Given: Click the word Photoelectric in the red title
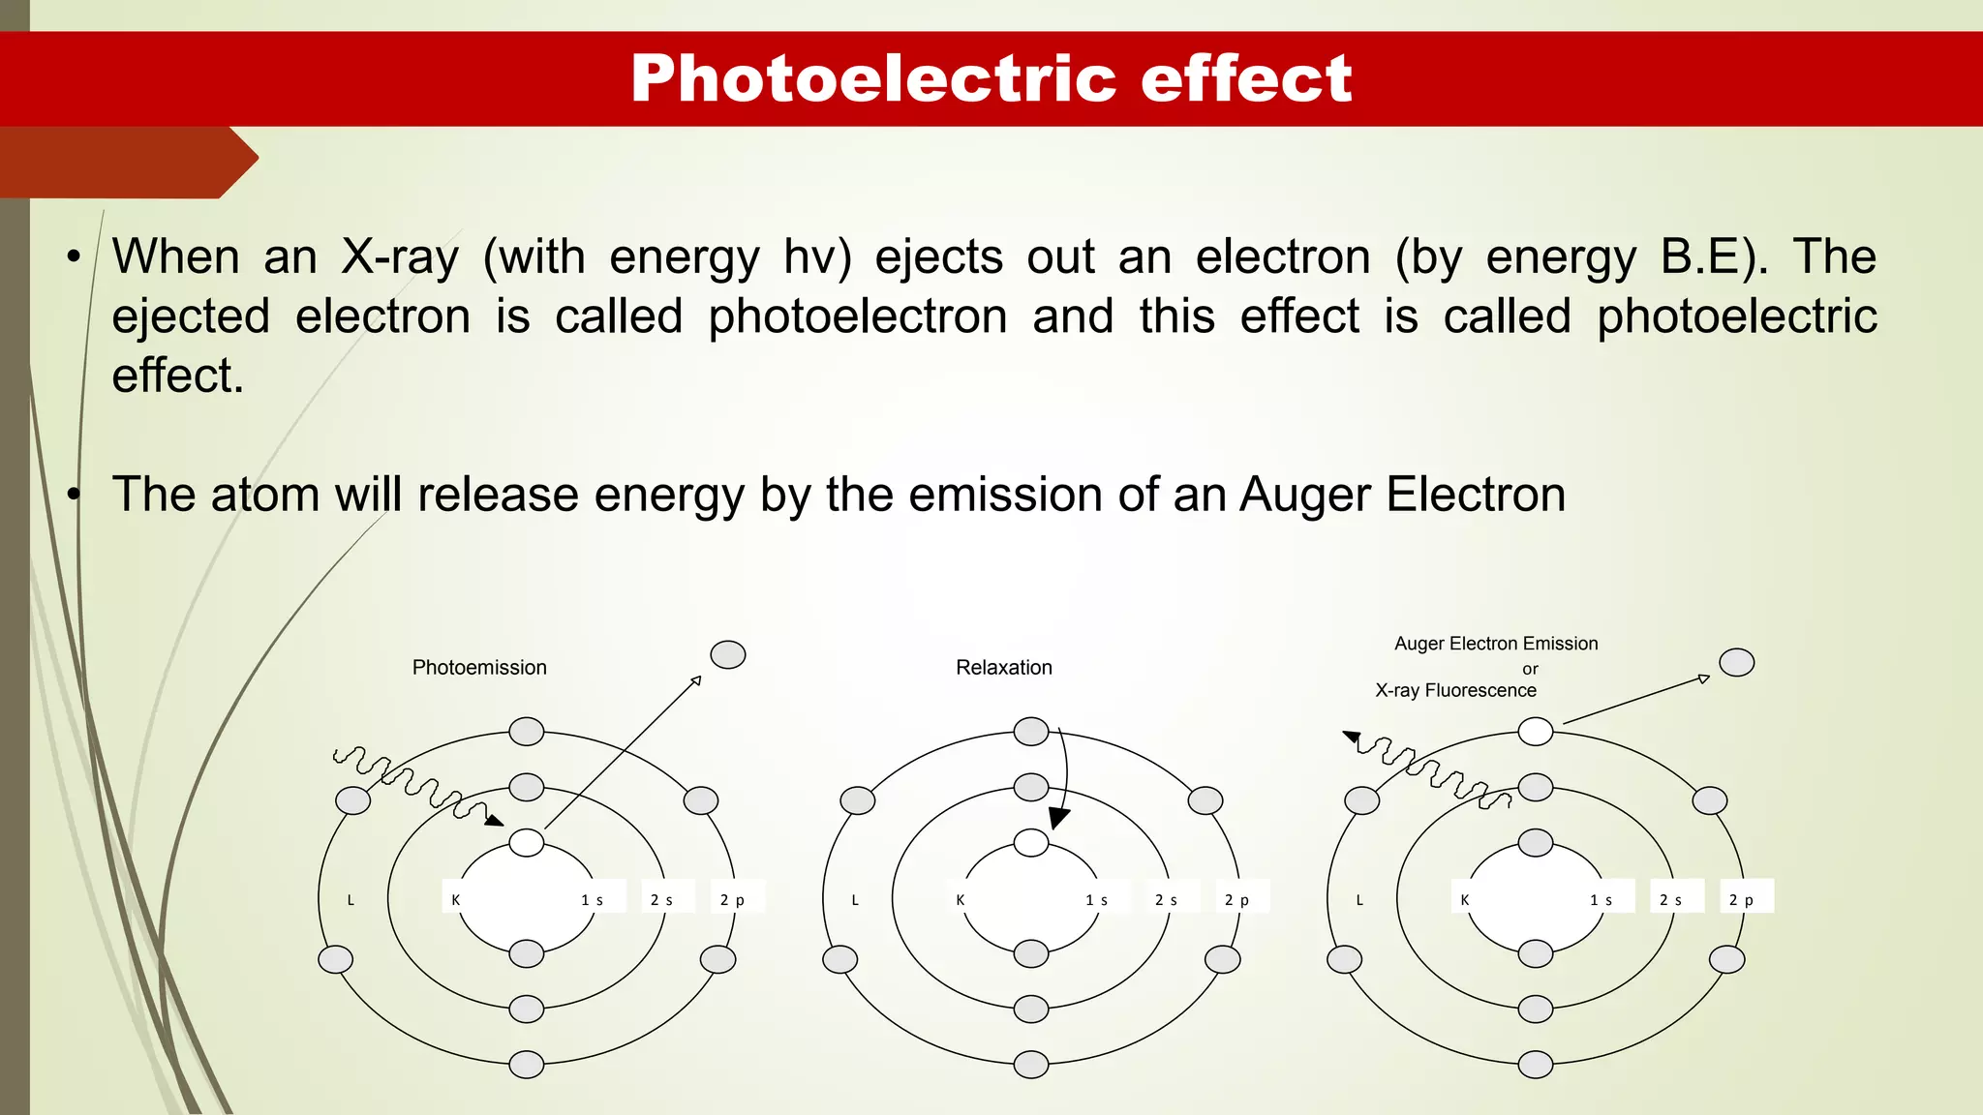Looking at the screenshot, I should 873,78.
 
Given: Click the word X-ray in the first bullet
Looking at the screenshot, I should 400,257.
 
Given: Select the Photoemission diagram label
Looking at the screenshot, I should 479,668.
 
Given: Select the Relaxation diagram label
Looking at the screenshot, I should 1003,668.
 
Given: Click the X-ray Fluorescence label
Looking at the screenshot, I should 1455,691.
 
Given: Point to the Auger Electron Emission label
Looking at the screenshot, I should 1495,644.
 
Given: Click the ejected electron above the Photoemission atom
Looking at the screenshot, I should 728,655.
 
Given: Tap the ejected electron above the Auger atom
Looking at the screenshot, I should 1736,663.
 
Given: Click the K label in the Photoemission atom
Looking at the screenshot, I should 455,900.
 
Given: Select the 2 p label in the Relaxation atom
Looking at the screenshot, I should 1236,900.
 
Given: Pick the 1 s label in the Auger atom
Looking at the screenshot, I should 1601,900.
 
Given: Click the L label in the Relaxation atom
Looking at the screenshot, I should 855,900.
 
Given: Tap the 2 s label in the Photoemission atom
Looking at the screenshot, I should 661,900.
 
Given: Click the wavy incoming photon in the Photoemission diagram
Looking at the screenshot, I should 412,780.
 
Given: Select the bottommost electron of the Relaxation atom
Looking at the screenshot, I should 1030,1065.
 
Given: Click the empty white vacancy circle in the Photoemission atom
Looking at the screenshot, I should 526,843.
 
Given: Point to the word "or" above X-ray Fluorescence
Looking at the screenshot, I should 1530,669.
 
